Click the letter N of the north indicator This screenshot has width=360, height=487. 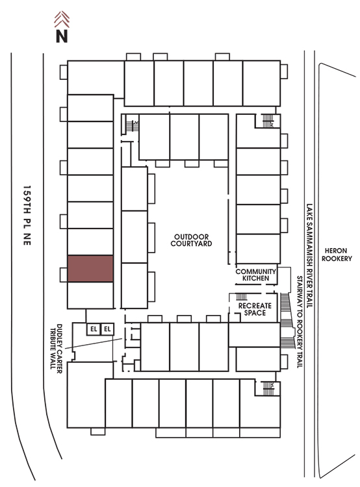[62, 36]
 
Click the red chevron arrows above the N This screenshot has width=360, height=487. [62, 19]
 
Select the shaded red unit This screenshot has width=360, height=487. [90, 269]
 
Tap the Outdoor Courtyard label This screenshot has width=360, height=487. [191, 240]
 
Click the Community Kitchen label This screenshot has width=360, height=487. [255, 275]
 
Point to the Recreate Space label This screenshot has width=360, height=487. [255, 309]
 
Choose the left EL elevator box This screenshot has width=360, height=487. [94, 329]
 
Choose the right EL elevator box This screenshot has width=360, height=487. [107, 329]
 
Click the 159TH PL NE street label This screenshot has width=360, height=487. [27, 215]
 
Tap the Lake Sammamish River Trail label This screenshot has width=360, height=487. [309, 256]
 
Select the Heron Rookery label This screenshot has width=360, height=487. [337, 255]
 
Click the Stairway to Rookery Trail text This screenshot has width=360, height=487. [300, 322]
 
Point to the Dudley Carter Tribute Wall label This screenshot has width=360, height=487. [56, 347]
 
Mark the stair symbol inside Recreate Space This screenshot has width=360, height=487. [242, 296]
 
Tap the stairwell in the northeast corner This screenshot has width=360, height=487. [268, 121]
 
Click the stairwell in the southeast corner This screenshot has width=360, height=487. [268, 388]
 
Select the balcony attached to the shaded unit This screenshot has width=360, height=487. [64, 275]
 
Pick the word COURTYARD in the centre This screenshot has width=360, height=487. [191, 243]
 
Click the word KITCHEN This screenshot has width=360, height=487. [255, 279]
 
